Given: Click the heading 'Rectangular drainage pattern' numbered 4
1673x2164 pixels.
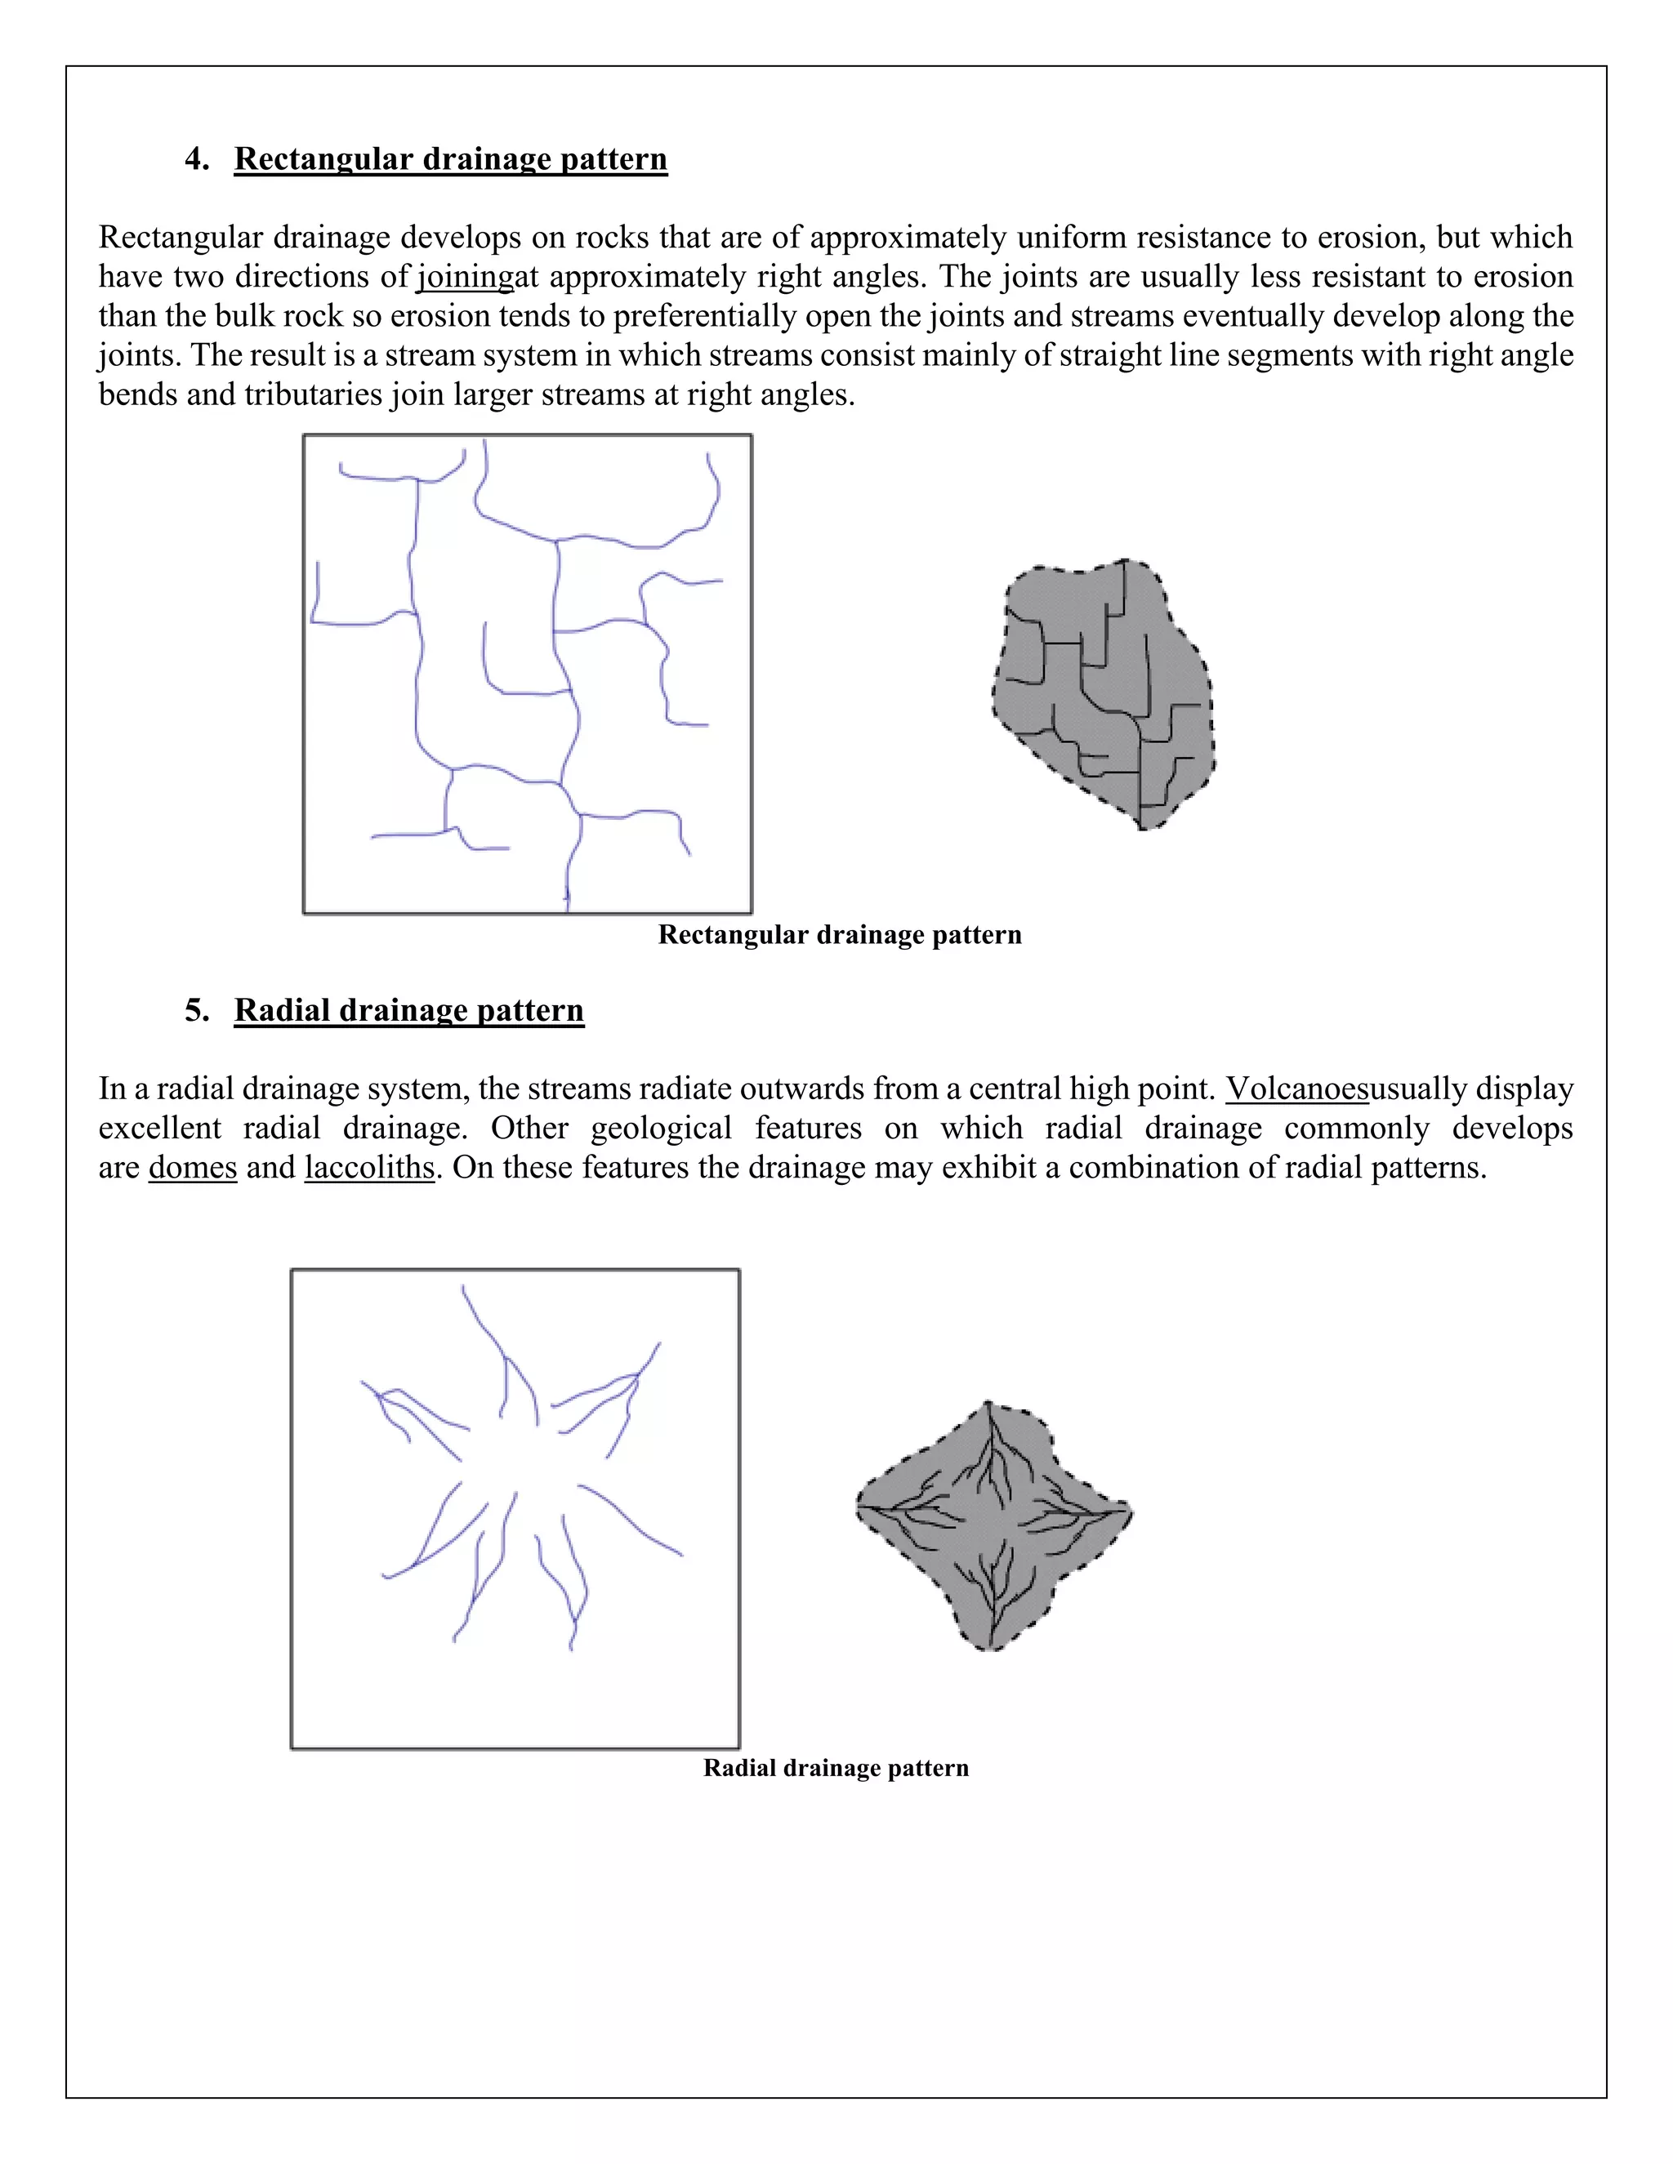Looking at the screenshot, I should point(450,159).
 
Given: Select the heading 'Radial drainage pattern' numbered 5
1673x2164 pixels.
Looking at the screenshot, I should point(408,1011).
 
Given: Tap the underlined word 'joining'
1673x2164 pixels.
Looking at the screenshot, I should point(465,277).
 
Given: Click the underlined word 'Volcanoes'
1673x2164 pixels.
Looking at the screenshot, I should point(1296,1089).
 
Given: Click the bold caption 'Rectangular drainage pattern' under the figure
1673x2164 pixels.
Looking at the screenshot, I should point(840,935).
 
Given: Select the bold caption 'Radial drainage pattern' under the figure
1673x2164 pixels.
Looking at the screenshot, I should point(836,1769).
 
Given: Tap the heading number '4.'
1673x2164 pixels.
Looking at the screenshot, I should point(197,159).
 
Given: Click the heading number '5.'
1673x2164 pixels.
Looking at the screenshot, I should point(197,1011).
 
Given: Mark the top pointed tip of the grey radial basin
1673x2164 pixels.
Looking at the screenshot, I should point(988,1404).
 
